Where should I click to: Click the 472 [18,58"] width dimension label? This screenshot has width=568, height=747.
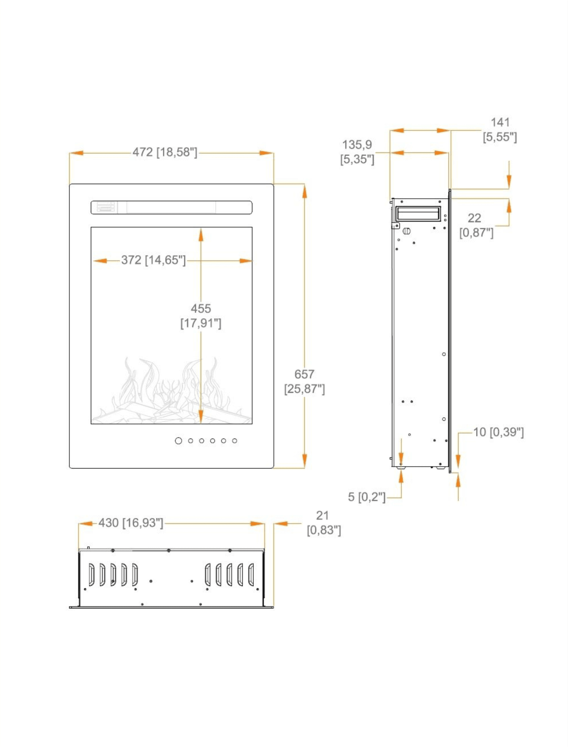tap(165, 152)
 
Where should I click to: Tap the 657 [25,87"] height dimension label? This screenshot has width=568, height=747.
tap(304, 381)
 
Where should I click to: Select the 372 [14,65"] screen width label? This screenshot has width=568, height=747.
tap(154, 260)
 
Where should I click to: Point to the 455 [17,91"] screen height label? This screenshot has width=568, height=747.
tap(201, 316)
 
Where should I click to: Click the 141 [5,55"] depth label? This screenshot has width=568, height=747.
tap(500, 130)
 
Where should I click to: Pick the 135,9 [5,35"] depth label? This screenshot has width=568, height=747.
tap(357, 152)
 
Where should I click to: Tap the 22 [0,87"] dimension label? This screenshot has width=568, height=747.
tap(476, 225)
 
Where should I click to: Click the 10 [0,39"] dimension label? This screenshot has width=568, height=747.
tap(498, 432)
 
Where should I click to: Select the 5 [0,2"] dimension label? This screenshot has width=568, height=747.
tap(367, 497)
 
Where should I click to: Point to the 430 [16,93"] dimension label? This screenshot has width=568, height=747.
tap(131, 523)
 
